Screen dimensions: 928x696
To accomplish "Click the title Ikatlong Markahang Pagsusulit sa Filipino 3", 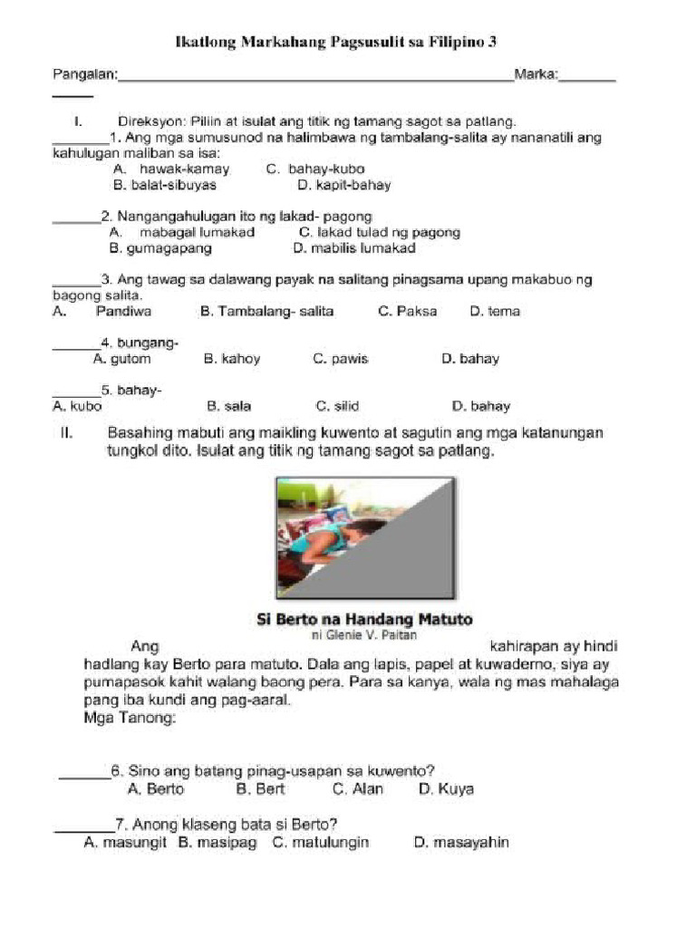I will [335, 43].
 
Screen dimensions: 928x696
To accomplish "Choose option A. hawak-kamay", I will [171, 169].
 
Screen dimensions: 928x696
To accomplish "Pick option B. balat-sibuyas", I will [165, 185].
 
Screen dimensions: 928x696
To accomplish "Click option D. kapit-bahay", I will [343, 185].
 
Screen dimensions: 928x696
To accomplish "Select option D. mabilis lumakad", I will [354, 247].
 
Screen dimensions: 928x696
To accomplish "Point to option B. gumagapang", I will [153, 247].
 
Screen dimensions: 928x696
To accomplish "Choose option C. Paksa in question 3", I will [407, 311].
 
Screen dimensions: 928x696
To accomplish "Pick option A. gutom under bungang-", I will [122, 359].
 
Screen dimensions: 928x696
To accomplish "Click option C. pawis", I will [341, 359].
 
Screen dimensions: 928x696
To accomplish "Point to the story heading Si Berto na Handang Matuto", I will [364, 620].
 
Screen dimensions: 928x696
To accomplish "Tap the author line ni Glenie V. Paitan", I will [364, 635].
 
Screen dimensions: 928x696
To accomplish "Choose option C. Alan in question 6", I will [358, 789].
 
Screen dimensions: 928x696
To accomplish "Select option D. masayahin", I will [461, 843].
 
